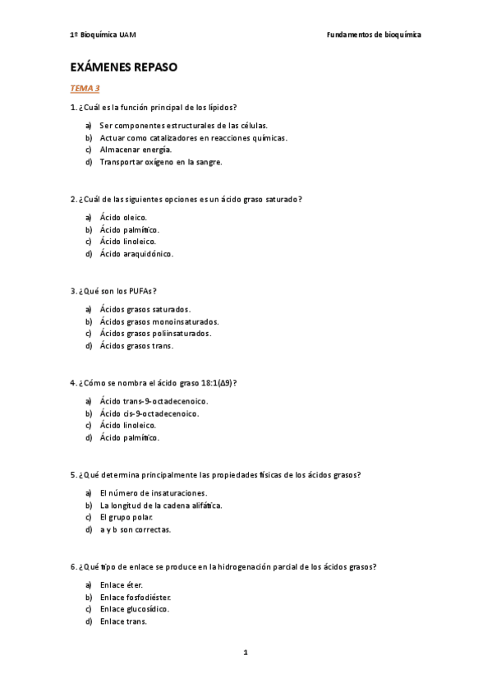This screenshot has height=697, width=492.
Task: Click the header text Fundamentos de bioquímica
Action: tap(374, 35)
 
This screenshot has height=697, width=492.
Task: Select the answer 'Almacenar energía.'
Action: tap(136, 150)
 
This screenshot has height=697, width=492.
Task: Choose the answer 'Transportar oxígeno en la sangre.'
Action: tap(161, 162)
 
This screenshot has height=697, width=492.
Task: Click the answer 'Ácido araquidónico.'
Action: tap(136, 254)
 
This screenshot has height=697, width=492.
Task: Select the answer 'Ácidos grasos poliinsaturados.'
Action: tap(155, 334)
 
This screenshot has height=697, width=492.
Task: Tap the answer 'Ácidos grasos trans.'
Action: tap(136, 346)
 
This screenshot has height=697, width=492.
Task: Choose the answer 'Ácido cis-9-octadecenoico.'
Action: tap(149, 413)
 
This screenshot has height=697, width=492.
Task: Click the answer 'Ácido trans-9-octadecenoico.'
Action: tap(154, 401)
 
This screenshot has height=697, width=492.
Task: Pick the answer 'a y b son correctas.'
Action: tap(136, 529)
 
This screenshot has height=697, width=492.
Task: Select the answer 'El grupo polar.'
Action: tap(126, 517)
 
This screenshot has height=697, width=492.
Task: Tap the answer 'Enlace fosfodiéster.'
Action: tap(136, 597)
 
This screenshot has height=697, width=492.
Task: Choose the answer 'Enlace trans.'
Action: tap(123, 621)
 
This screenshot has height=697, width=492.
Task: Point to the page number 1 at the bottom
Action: tap(246, 653)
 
